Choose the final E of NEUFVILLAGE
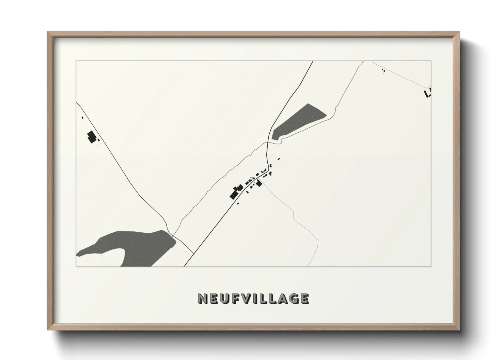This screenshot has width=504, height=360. (304, 299)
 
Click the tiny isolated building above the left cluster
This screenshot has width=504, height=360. (82, 118)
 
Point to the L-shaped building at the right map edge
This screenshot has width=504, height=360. (427, 93)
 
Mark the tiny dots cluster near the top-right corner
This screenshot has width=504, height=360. (383, 71)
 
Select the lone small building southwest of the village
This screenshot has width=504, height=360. (238, 203)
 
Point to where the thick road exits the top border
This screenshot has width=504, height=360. (313, 62)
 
